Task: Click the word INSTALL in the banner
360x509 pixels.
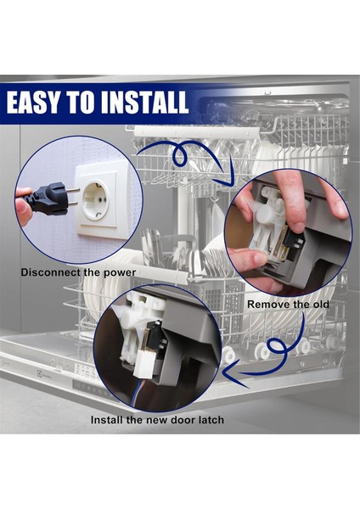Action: [x=145, y=103]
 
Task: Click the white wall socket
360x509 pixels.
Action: [x=96, y=200]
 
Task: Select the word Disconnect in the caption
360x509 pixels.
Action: [x=50, y=272]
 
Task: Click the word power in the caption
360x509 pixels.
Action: [x=120, y=273]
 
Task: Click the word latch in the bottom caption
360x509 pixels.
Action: [x=210, y=420]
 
